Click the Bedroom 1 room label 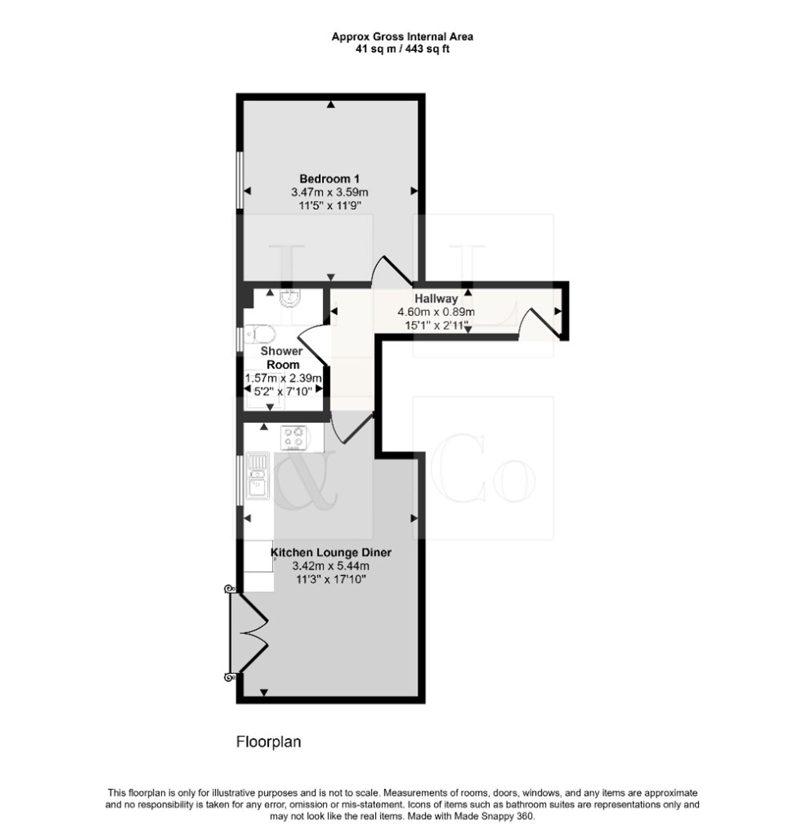click(329, 178)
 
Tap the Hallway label click(436, 299)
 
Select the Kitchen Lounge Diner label click(331, 552)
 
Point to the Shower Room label click(282, 358)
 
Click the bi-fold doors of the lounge click(250, 633)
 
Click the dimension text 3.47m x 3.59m click(330, 192)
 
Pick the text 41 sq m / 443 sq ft click(402, 49)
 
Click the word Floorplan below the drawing click(269, 742)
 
